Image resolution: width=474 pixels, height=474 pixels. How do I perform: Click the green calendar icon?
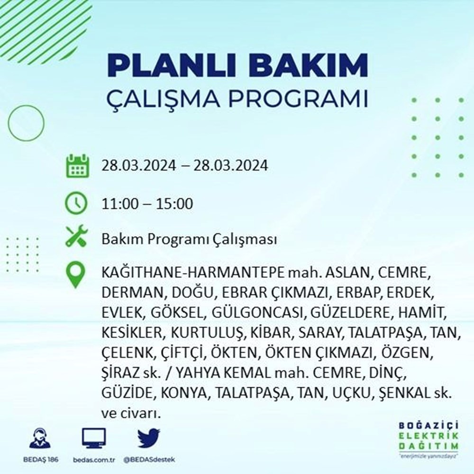tap(76, 166)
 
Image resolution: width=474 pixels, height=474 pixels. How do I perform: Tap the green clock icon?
tap(76, 203)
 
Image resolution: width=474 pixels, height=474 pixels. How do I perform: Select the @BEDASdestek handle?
tap(150, 460)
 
